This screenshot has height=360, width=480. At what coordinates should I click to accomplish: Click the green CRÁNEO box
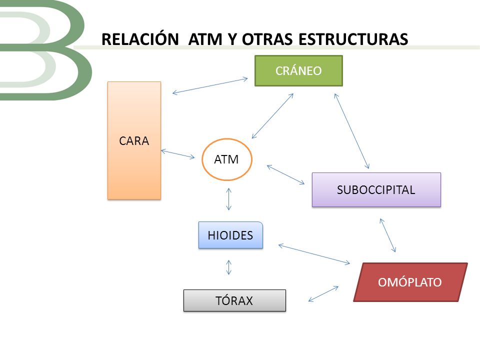click(x=298, y=70)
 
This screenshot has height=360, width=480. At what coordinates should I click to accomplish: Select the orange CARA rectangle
click(x=134, y=140)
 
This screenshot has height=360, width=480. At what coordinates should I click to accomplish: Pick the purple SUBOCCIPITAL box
click(x=376, y=190)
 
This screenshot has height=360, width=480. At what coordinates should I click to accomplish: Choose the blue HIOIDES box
click(x=230, y=235)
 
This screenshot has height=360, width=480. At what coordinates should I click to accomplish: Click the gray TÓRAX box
click(x=234, y=300)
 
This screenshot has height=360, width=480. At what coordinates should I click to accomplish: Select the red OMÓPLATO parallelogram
click(x=410, y=282)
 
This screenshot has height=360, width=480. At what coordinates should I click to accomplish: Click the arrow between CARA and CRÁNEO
click(x=210, y=85)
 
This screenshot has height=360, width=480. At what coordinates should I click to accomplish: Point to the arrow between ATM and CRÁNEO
click(x=272, y=116)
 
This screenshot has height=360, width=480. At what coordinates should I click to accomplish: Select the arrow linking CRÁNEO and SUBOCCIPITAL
click(x=351, y=131)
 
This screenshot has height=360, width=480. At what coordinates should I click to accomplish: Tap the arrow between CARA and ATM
click(x=178, y=154)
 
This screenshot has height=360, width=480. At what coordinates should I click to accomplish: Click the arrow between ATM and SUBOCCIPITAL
click(x=285, y=174)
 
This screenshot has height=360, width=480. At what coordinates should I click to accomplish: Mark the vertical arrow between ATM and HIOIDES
click(x=228, y=199)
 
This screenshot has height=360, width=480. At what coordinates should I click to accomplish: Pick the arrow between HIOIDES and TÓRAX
click(x=228, y=267)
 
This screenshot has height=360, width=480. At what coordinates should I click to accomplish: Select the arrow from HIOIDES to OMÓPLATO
click(x=314, y=254)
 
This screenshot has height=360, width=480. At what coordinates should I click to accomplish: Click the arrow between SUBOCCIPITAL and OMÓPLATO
click(x=388, y=235)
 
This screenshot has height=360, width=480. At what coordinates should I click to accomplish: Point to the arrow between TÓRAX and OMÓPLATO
click(x=323, y=294)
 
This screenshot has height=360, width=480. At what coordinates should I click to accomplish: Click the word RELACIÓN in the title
click(x=140, y=39)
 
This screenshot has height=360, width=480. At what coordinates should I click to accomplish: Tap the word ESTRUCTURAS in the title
click(x=353, y=39)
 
